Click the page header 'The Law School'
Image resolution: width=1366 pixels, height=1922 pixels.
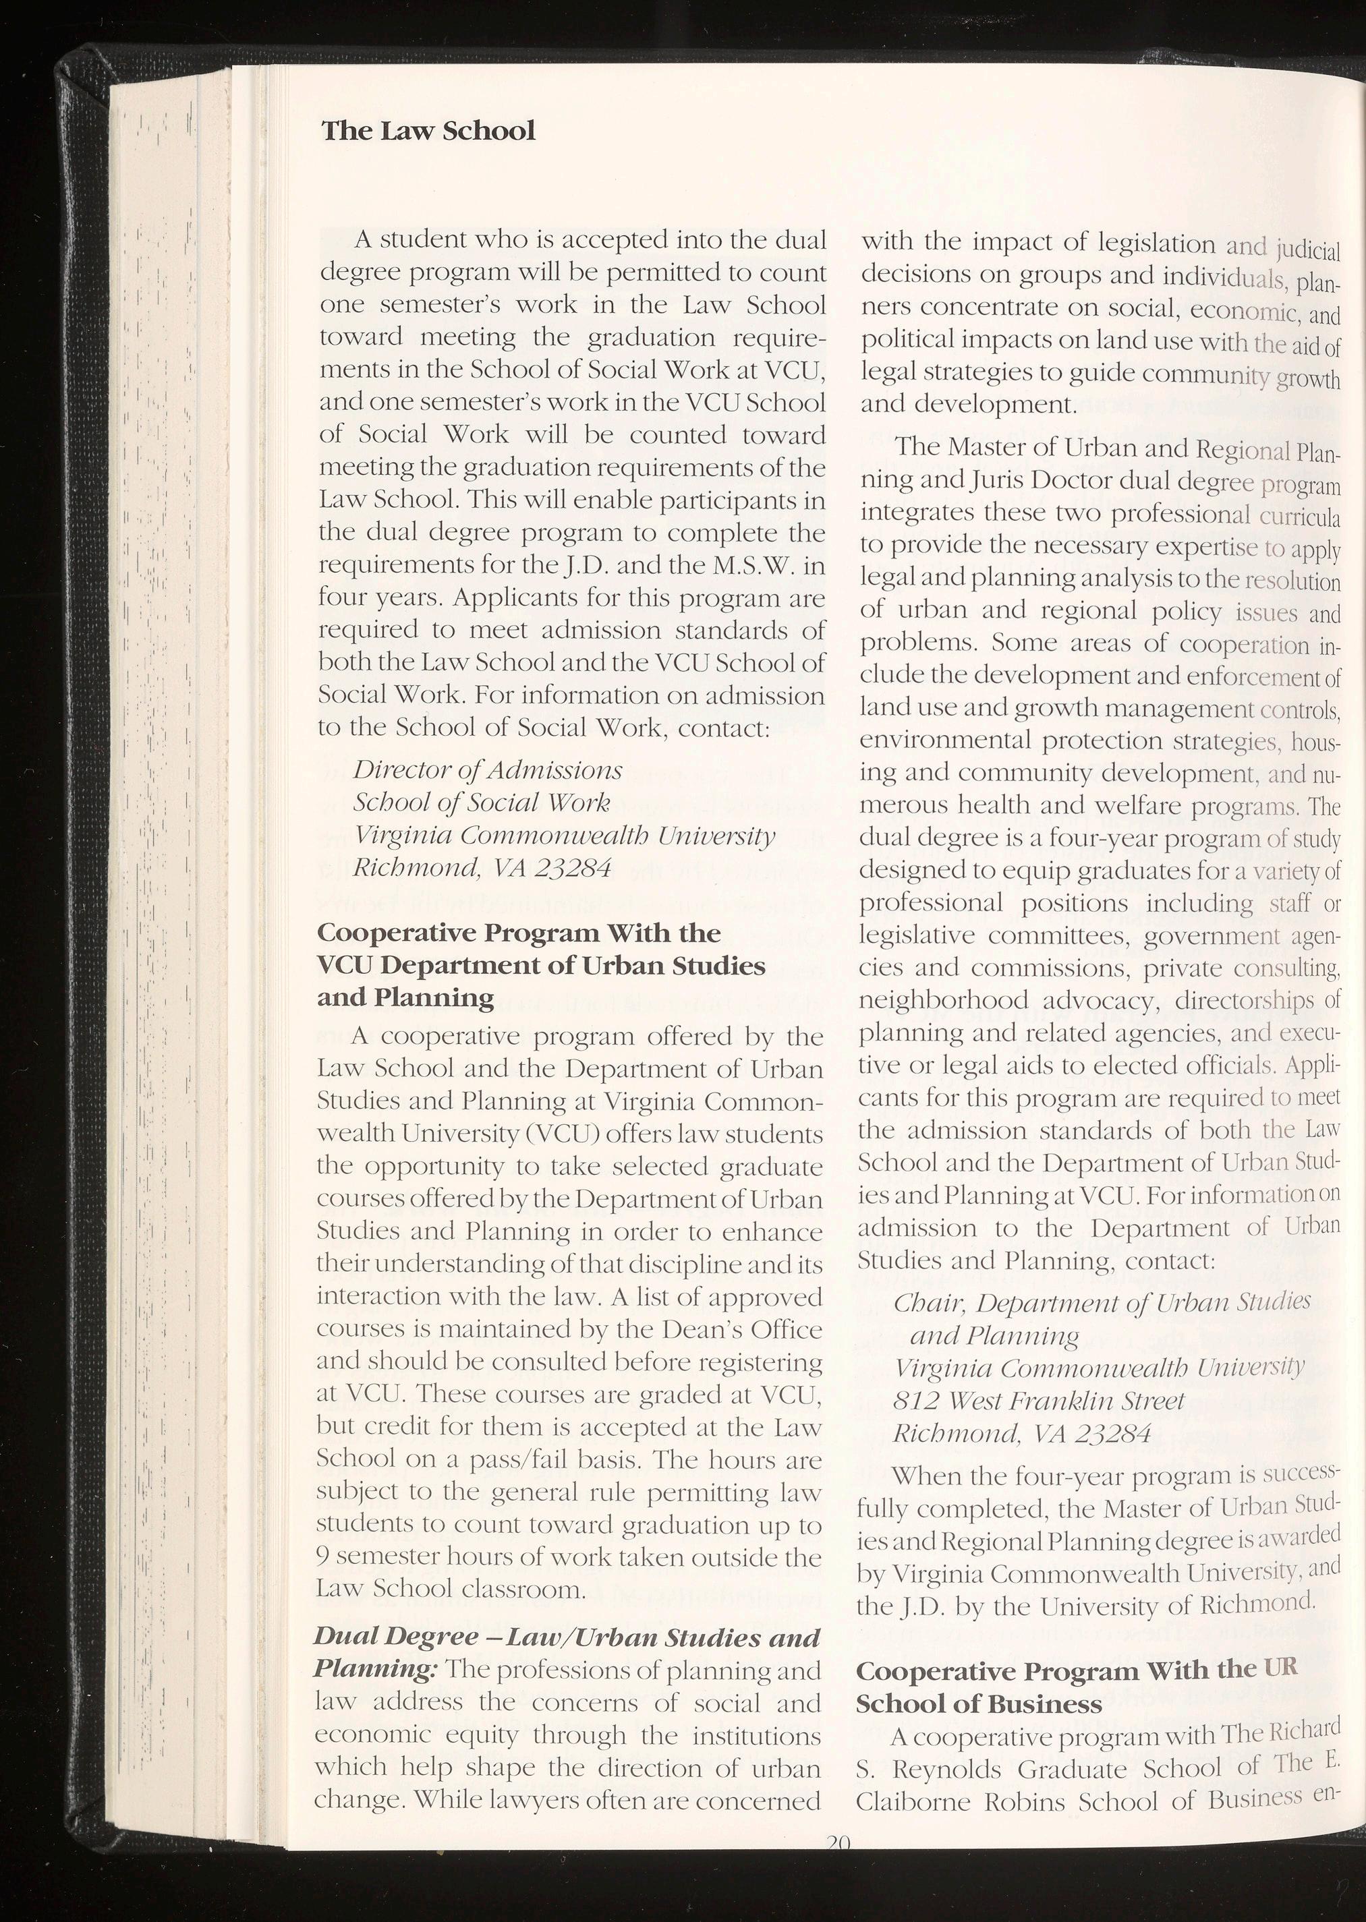coord(428,131)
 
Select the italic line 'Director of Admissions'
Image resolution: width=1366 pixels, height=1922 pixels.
coord(488,770)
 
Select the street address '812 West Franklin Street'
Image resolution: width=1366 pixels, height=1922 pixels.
coord(1038,1401)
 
